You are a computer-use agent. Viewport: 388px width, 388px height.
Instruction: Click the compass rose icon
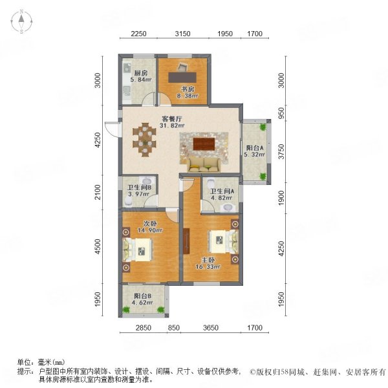(x=22, y=21)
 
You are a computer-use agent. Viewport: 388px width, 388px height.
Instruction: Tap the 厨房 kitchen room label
(x=141, y=73)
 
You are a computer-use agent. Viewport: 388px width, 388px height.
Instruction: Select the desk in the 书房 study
(x=182, y=77)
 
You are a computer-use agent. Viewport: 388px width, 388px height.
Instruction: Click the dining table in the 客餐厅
(x=144, y=140)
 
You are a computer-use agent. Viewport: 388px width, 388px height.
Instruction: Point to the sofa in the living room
(x=204, y=165)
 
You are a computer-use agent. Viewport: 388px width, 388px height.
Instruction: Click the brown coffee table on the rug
(x=204, y=144)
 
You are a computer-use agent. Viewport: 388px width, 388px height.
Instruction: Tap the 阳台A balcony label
(x=255, y=148)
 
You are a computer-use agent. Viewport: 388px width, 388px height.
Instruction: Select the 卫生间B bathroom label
(x=139, y=188)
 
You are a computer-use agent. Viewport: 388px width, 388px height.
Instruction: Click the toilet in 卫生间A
(x=211, y=183)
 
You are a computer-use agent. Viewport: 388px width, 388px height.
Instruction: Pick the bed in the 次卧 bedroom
(x=138, y=250)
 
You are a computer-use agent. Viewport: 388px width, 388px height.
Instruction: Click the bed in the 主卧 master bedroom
(x=224, y=242)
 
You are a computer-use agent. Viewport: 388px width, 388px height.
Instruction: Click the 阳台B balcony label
(x=143, y=296)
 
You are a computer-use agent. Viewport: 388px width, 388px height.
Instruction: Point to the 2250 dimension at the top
(x=138, y=34)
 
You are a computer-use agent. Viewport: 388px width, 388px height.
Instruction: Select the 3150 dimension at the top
(x=182, y=34)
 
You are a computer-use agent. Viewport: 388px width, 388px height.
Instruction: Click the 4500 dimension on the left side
(x=98, y=246)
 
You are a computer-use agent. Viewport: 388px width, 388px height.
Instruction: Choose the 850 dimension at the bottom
(x=174, y=328)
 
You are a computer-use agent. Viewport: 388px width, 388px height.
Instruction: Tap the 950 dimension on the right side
(x=281, y=113)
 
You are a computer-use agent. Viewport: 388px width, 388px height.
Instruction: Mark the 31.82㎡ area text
(x=172, y=125)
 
